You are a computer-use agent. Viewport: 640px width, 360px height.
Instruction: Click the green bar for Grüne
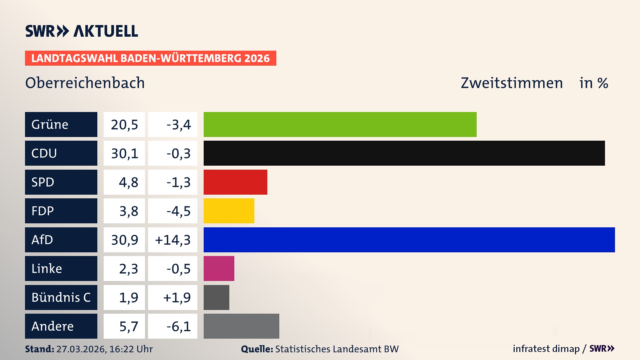[x=340, y=124]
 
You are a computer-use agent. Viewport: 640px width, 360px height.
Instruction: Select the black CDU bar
[x=404, y=153]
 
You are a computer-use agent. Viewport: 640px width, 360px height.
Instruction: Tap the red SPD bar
[x=235, y=182]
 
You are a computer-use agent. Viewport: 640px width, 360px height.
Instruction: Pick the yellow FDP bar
[x=229, y=211]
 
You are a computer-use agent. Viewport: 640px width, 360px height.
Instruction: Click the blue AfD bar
[x=409, y=240]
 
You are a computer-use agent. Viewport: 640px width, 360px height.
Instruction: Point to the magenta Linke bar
[x=219, y=269]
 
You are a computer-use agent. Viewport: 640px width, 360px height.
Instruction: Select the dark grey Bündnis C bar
[x=216, y=297]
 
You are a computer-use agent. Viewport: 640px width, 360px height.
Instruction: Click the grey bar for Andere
[x=241, y=326]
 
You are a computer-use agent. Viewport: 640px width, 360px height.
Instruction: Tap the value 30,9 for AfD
[x=124, y=240]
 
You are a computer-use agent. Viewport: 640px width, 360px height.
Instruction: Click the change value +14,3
[x=173, y=240]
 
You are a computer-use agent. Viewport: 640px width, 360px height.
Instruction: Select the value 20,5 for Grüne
[x=124, y=125]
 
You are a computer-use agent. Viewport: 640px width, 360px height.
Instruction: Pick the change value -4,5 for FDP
[x=178, y=211]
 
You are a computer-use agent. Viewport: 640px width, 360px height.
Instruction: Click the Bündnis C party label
[x=61, y=297]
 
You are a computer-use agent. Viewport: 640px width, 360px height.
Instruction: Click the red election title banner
[x=150, y=58]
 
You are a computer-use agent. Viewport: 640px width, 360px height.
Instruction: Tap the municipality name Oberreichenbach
[x=85, y=83]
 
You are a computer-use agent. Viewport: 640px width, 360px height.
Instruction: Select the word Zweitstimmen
[x=512, y=83]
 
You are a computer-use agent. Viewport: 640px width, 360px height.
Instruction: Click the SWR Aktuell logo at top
[x=82, y=31]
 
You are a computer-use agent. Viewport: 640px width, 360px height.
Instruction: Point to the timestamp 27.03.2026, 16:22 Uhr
[x=104, y=349]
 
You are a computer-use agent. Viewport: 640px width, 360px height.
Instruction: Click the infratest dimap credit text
[x=546, y=349]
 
